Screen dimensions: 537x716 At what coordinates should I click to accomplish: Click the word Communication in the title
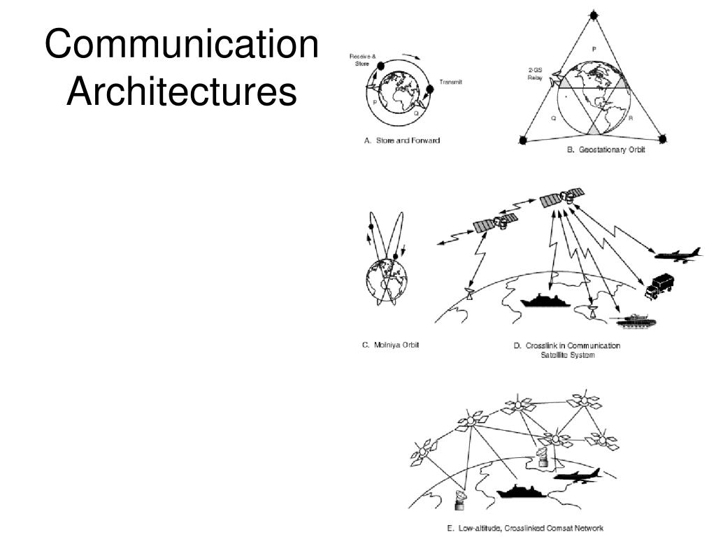(x=182, y=45)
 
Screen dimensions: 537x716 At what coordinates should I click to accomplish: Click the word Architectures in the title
(x=182, y=93)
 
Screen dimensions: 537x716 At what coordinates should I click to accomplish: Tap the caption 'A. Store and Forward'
(x=402, y=141)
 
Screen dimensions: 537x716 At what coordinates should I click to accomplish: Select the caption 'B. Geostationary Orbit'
(x=606, y=150)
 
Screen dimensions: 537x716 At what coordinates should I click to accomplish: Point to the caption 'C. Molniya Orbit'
(x=390, y=345)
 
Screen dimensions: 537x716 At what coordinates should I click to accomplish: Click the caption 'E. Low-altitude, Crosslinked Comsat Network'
(x=525, y=528)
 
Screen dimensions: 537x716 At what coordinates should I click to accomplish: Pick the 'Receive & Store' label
(x=363, y=59)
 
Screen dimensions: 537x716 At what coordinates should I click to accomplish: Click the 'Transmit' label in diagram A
(x=451, y=82)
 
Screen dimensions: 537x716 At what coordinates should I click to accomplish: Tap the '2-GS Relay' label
(x=535, y=73)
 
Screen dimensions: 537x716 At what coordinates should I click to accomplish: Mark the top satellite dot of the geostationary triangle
(x=594, y=14)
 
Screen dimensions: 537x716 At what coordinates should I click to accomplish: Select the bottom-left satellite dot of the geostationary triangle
(x=522, y=141)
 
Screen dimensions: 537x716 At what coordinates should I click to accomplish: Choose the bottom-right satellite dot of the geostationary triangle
(x=662, y=139)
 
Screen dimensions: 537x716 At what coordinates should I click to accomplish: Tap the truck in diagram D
(x=659, y=285)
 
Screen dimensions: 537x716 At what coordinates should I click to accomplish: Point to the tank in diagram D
(x=632, y=318)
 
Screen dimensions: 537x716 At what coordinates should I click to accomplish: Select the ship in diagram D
(x=547, y=300)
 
